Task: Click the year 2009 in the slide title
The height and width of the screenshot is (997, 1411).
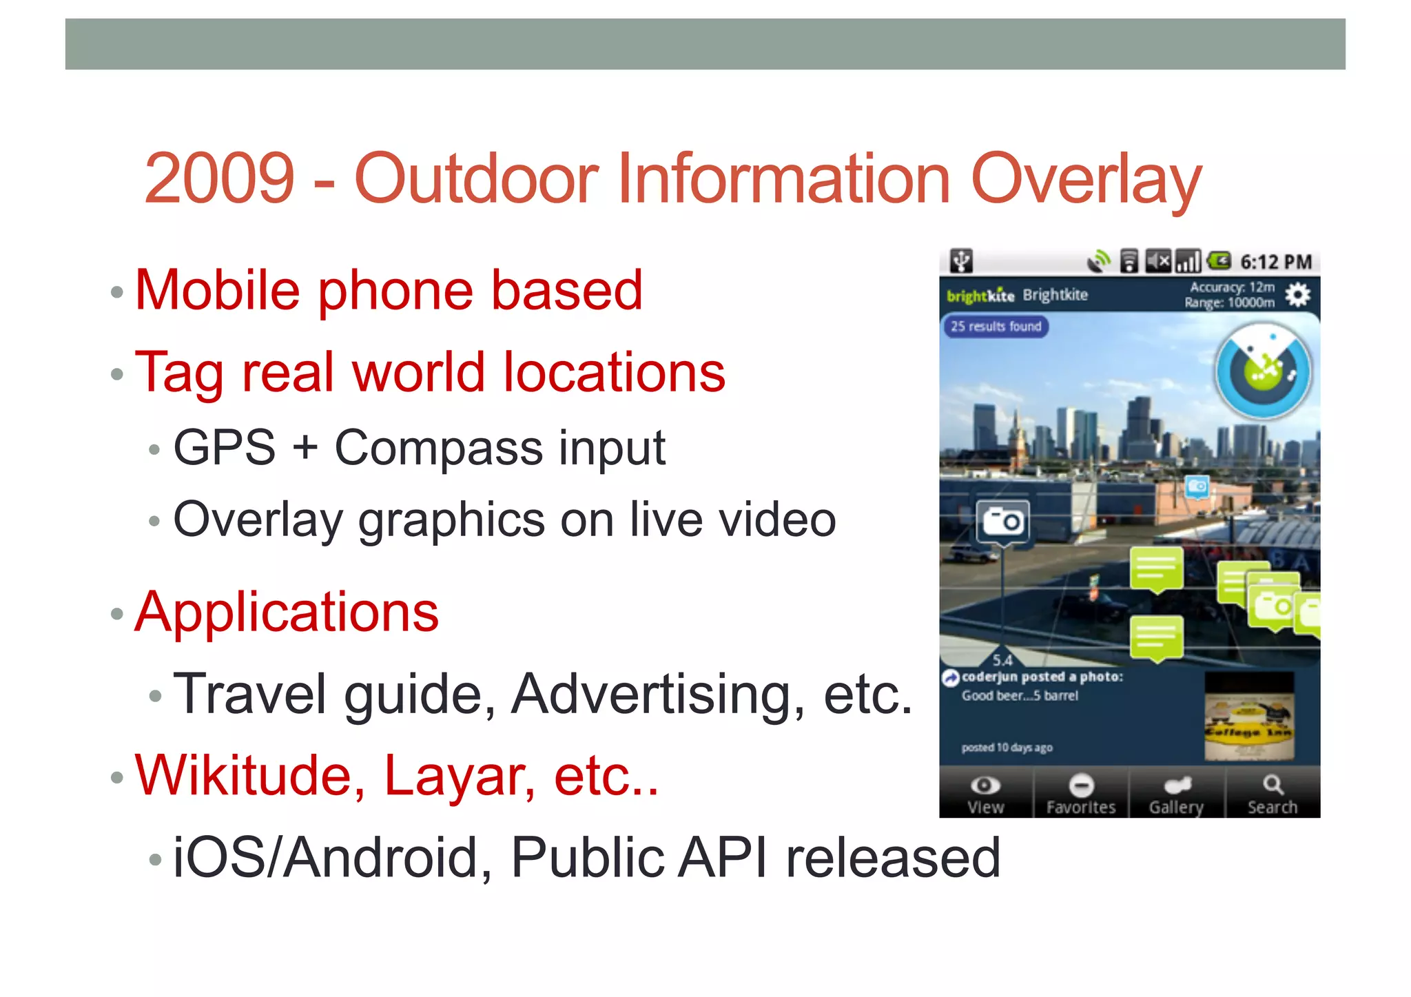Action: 219,179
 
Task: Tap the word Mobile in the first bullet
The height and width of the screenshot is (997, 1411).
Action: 217,290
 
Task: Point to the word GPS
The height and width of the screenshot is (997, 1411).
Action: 225,448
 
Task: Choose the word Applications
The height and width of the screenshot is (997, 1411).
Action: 287,612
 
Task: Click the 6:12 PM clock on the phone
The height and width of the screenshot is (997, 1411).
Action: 1275,263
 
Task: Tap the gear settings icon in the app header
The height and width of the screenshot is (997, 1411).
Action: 1298,295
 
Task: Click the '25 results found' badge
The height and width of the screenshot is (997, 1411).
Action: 996,327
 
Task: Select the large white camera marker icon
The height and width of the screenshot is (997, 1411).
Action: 1002,522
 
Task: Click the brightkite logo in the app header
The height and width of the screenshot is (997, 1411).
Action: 980,296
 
